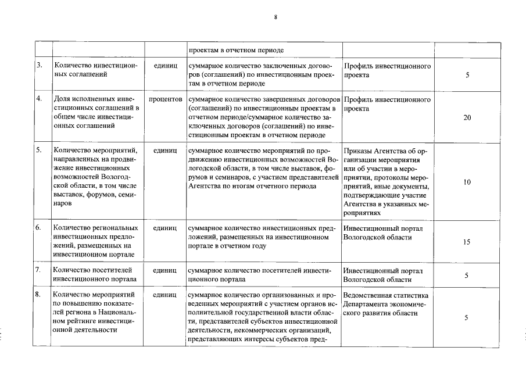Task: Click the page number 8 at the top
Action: [275, 17]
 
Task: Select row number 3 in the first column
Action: [40, 66]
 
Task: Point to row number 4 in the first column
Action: [40, 99]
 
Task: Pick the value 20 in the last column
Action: [467, 117]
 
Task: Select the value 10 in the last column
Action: [467, 182]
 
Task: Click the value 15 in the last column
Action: [467, 242]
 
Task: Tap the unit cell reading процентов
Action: [166, 99]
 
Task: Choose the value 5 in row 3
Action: [467, 75]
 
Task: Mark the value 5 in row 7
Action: [467, 275]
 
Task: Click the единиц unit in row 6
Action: [165, 228]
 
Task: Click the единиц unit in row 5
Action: [165, 151]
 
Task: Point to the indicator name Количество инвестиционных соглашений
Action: [95, 70]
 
